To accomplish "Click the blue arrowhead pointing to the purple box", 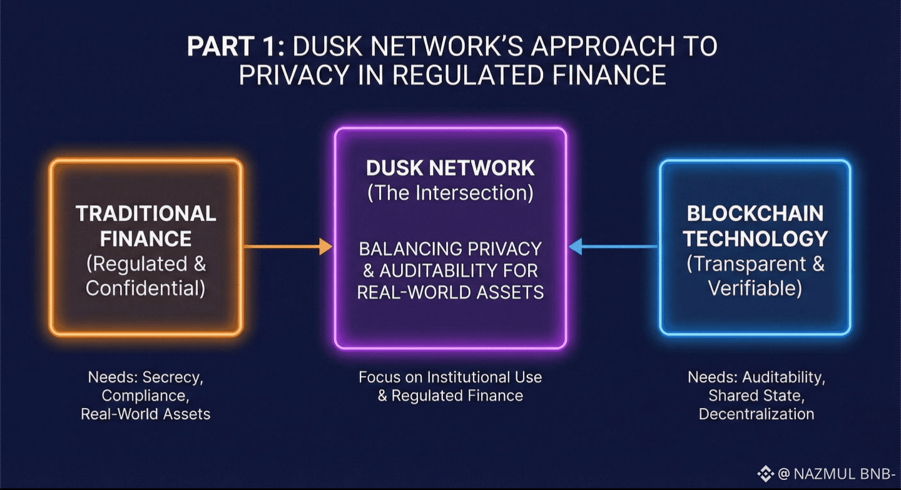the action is coord(575,247).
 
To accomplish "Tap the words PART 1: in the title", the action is coord(236,46).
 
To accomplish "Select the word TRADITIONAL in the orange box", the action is coord(146,213).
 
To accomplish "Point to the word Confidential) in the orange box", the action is coord(146,288).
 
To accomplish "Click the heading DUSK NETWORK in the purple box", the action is coord(450,168).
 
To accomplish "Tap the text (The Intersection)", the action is coord(450,193).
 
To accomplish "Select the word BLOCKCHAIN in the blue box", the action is coord(755,213).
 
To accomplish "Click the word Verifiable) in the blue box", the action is coord(755,288).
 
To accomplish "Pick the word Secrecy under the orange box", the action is coord(173,377).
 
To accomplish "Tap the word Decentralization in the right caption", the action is coord(756,414).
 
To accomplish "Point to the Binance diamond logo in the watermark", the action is coord(765,474).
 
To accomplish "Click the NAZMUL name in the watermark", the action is coord(825,474).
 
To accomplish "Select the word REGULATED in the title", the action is coord(467,75).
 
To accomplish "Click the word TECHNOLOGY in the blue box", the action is coord(755,239).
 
